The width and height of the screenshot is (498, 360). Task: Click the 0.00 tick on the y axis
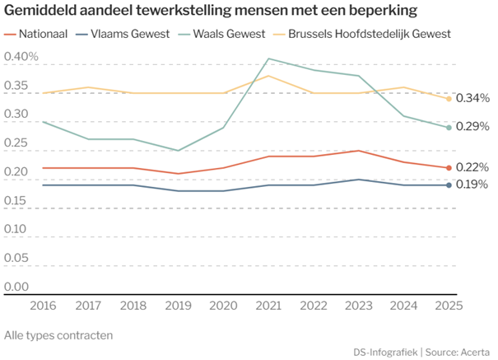point(16,288)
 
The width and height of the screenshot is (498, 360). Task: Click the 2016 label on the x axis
point(44,305)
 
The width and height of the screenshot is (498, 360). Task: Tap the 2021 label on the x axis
point(268,305)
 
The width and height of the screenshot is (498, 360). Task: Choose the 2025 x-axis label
point(448,305)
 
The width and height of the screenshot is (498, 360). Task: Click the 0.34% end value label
point(472,98)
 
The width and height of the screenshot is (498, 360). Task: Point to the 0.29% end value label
point(472,126)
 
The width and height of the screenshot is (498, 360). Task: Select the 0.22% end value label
point(472,167)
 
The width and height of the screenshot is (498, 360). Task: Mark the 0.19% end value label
point(472,184)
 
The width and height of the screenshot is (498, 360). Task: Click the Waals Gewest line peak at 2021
point(268,58)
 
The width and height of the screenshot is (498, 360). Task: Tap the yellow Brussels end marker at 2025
point(449,99)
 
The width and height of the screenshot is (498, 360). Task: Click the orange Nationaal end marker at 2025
point(449,168)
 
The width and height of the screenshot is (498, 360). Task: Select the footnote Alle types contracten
point(58,334)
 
